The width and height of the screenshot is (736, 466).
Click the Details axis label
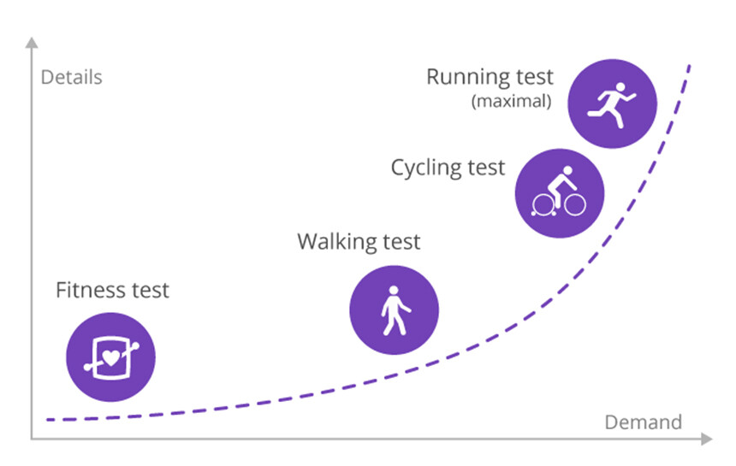[x=71, y=77]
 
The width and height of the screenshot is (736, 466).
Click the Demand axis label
[x=643, y=422]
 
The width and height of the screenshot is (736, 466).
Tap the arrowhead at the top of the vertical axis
[x=32, y=43]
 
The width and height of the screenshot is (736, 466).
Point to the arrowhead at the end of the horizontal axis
[x=707, y=439]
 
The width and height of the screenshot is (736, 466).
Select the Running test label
[x=490, y=77]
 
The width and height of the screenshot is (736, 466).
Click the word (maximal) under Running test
[x=511, y=101]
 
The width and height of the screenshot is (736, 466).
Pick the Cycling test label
[x=448, y=168]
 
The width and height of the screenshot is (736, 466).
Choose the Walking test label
[x=359, y=242]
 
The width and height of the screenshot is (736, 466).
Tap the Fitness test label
[x=112, y=290]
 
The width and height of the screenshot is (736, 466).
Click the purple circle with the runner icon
[x=612, y=103]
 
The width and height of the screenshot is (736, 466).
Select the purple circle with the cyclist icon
[x=560, y=193]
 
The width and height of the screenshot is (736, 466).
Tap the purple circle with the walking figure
[x=395, y=310]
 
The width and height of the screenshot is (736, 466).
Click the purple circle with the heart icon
[x=110, y=357]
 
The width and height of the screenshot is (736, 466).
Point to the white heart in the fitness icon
[x=111, y=358]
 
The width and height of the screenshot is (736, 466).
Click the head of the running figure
[x=620, y=88]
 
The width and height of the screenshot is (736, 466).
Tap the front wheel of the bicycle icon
[x=575, y=204]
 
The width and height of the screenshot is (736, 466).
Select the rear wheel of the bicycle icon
[x=543, y=205]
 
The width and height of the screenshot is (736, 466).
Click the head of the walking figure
[x=394, y=291]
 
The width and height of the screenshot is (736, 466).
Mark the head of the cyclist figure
[x=568, y=170]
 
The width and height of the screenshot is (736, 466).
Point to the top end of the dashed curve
[x=690, y=66]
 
